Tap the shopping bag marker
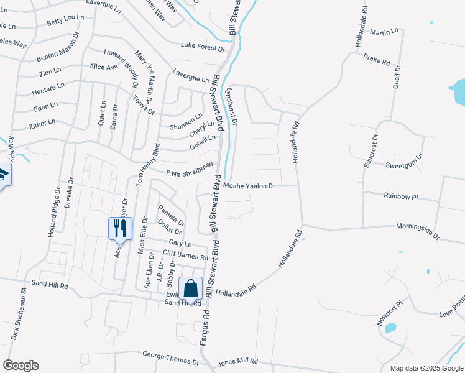[x=190, y=288]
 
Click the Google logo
[x=21, y=366]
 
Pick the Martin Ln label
[x=384, y=31]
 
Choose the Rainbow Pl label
[x=401, y=196]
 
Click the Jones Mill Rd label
[x=238, y=361]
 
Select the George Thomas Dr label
[x=170, y=357]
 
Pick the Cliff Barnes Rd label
[x=185, y=256]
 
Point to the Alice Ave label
[x=104, y=67]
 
